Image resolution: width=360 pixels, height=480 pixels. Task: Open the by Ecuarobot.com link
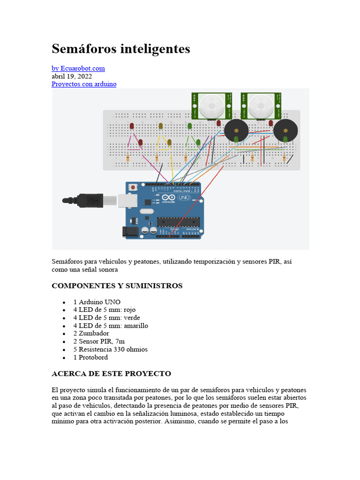tap(78, 68)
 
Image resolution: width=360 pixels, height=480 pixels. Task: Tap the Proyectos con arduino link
tap(83, 84)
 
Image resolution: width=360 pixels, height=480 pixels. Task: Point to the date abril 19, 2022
tap(71, 76)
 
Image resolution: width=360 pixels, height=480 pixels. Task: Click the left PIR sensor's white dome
tap(210, 106)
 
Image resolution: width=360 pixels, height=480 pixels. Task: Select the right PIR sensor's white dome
tap(260, 106)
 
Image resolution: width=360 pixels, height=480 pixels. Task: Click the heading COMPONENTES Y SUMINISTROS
tap(117, 286)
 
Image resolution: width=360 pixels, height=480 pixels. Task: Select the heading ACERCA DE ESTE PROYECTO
tap(111, 374)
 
